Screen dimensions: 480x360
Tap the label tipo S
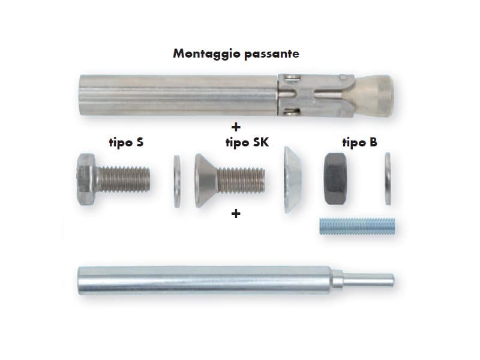[126, 143]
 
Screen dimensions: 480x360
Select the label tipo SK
[247, 143]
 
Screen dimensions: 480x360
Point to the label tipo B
[359, 143]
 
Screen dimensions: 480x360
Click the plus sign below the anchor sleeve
[236, 127]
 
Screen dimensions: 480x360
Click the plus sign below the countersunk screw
[236, 214]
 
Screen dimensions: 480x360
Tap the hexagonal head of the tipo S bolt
[86, 179]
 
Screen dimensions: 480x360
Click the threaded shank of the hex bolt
[124, 179]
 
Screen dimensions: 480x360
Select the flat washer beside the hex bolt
[177, 182]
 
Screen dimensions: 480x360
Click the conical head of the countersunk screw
[205, 181]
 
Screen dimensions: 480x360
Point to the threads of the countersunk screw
[241, 181]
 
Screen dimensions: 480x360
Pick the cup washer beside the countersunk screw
[292, 179]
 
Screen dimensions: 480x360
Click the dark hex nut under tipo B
[335, 179]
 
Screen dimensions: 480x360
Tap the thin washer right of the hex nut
[388, 179]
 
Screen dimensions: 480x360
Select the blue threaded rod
[357, 226]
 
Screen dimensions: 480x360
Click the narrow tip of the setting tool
[368, 280]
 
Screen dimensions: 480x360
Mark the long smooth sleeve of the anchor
[178, 95]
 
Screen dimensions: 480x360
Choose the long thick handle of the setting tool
[205, 281]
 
